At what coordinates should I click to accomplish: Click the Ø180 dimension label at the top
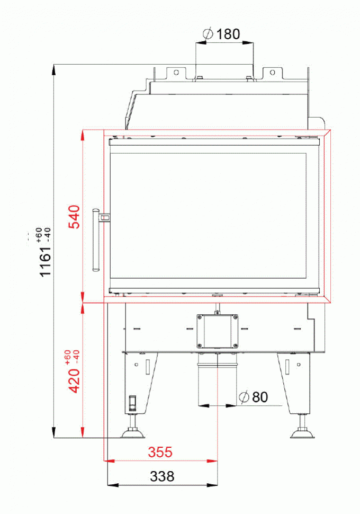click(222, 34)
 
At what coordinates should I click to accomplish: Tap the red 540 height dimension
click(74, 216)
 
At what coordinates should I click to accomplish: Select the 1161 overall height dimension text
click(46, 258)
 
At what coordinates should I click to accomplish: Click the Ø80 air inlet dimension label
click(254, 397)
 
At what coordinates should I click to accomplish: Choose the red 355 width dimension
click(160, 453)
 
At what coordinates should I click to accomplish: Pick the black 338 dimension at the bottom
click(161, 476)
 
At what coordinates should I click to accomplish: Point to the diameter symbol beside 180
click(208, 34)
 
